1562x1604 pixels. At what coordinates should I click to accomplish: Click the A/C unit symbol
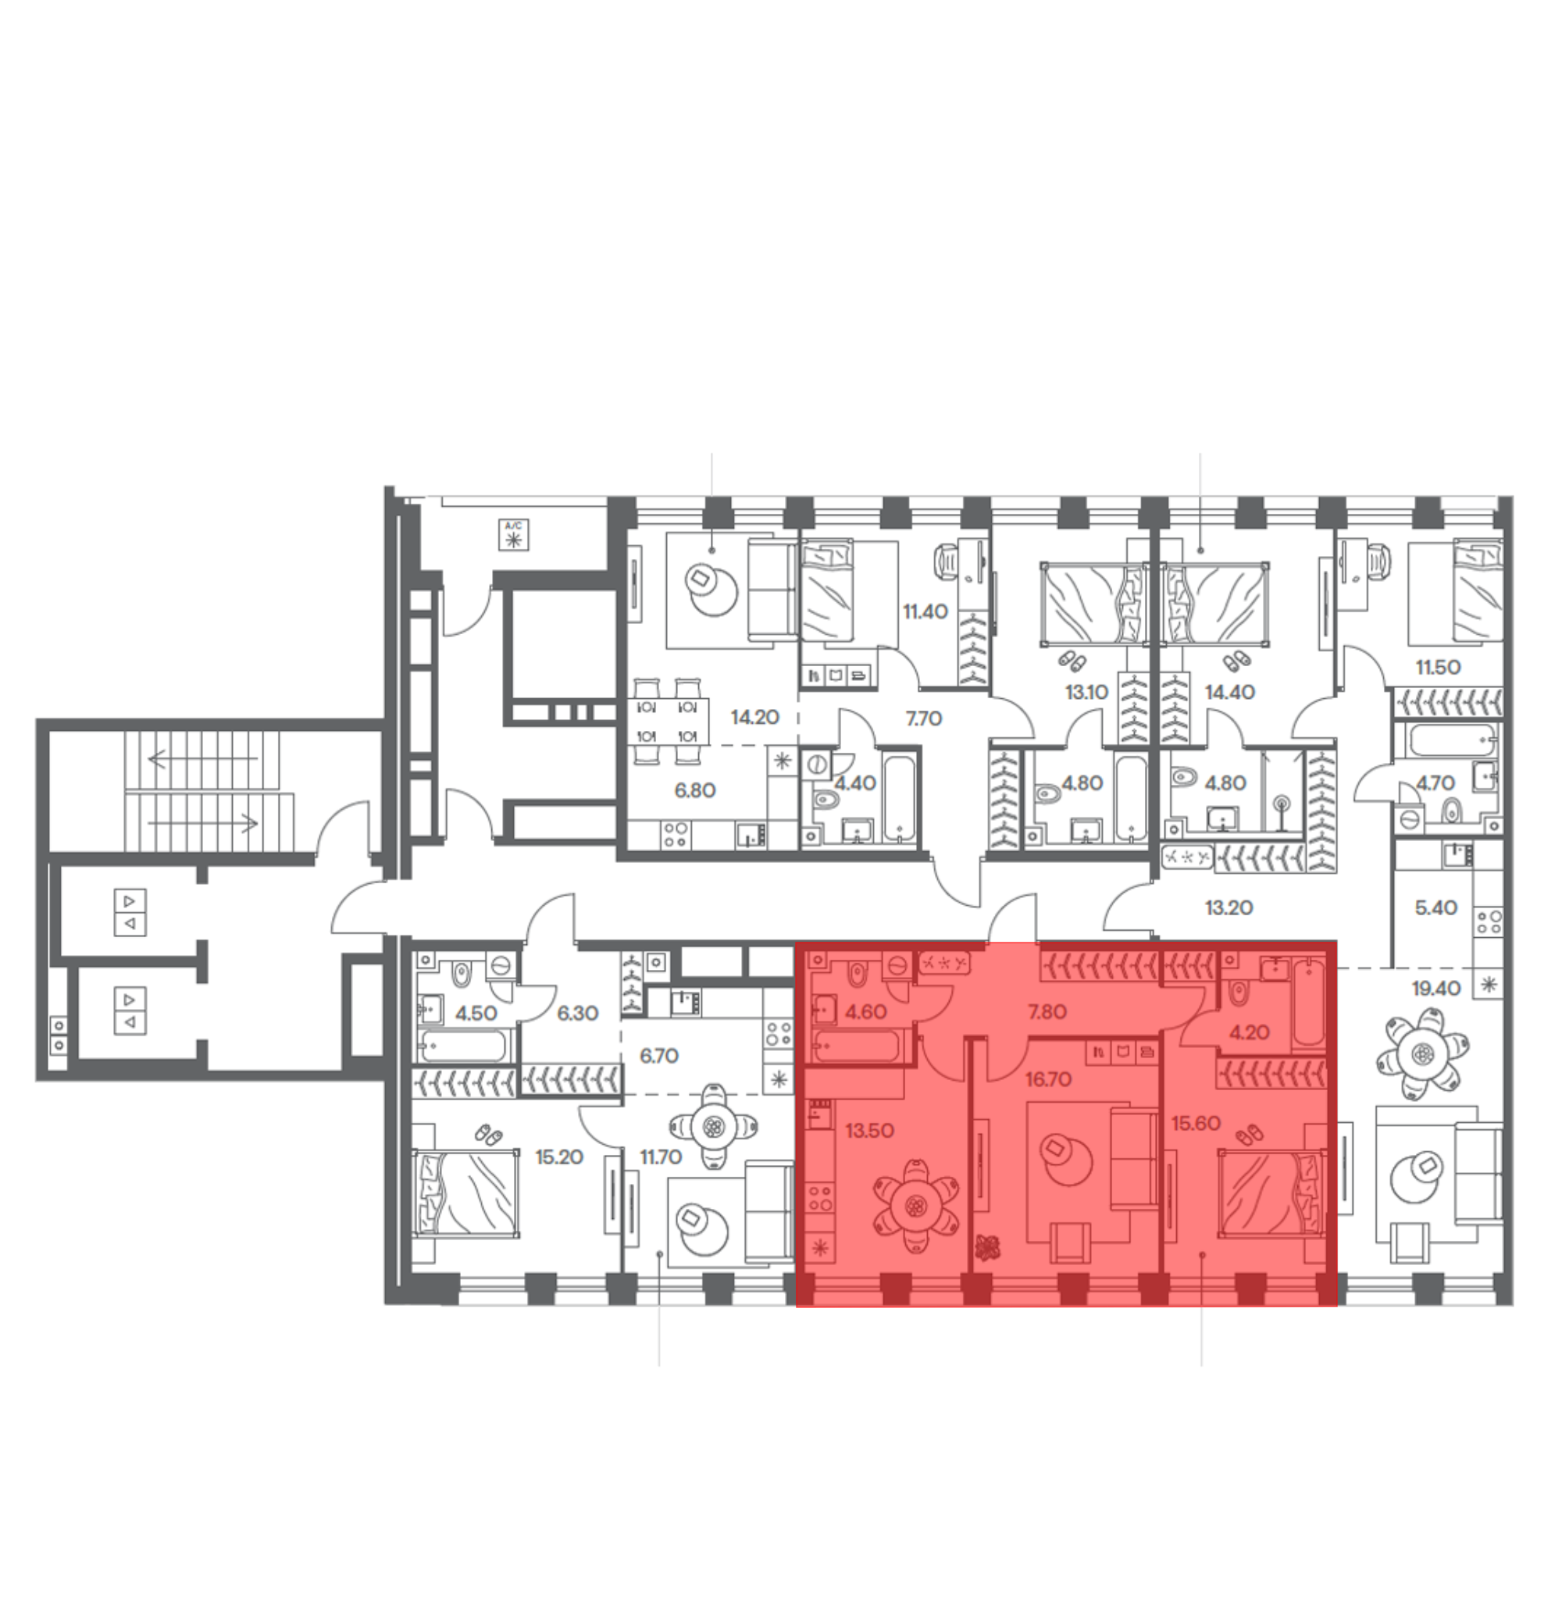[514, 535]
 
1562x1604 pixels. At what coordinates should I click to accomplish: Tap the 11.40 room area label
[925, 611]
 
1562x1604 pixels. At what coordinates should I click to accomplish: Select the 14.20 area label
[754, 718]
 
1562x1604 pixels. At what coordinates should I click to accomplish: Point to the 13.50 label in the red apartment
[868, 1131]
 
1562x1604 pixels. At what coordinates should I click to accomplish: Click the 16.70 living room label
[1047, 1080]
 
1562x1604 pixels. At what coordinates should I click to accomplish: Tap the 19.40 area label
[1435, 989]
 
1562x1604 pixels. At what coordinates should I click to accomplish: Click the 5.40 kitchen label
[1435, 907]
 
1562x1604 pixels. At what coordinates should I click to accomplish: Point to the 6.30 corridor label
[576, 1014]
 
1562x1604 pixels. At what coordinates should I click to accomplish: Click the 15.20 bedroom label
[558, 1157]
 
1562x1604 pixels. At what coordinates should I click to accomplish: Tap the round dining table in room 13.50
[915, 1205]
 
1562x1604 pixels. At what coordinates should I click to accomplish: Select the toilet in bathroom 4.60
[857, 975]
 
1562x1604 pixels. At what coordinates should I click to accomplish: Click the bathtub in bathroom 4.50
[461, 1047]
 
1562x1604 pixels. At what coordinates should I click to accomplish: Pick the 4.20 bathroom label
[1249, 1032]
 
